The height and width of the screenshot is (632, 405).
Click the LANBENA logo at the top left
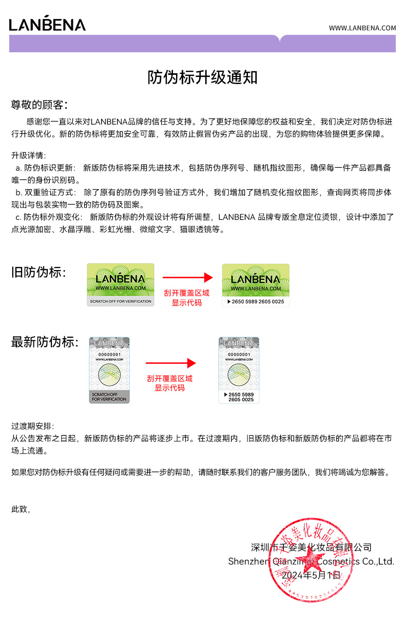pyautogui.click(x=47, y=24)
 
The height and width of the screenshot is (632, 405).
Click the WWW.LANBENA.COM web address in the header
pyautogui.click(x=362, y=28)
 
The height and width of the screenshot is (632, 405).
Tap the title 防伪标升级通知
pyautogui.click(x=202, y=78)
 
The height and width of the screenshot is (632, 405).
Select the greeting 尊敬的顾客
pyautogui.click(x=39, y=105)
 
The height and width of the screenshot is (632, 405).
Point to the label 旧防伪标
pyautogui.click(x=38, y=272)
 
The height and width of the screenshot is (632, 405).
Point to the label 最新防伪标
pyautogui.click(x=45, y=342)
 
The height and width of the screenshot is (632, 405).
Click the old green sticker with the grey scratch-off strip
pyautogui.click(x=121, y=285)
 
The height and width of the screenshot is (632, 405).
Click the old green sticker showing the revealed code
pyautogui.click(x=256, y=285)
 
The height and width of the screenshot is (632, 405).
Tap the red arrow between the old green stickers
pyautogui.click(x=187, y=278)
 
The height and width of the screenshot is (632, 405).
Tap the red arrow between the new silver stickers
pyautogui.click(x=170, y=363)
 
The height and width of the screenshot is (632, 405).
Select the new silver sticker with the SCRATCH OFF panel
pyautogui.click(x=109, y=370)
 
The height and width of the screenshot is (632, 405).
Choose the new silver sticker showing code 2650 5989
pyautogui.click(x=239, y=370)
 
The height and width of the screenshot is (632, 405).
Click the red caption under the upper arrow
pyautogui.click(x=187, y=298)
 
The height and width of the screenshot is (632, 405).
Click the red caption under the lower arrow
pyautogui.click(x=170, y=383)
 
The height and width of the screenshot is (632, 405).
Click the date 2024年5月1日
pyautogui.click(x=311, y=575)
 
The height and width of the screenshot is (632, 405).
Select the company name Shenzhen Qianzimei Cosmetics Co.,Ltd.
pyautogui.click(x=311, y=561)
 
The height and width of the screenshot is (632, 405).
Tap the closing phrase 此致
pyautogui.click(x=21, y=509)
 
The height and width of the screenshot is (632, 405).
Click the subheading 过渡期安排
pyautogui.click(x=32, y=426)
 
